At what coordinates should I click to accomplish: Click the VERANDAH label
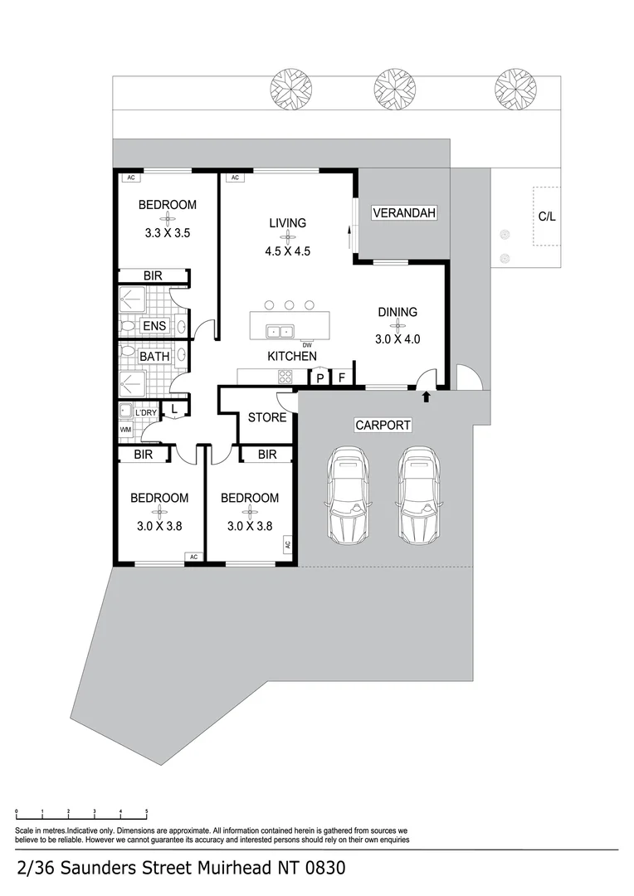pos(404,212)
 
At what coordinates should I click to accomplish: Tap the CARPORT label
pos(383,425)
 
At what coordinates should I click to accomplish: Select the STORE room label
pos(267,417)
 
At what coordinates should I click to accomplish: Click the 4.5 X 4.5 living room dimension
pos(288,251)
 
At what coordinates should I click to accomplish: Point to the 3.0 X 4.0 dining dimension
pos(397,338)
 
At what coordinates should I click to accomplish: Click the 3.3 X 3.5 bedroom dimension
pos(168,232)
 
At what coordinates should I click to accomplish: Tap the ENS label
pos(154,326)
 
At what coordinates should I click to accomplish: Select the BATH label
pos(154,356)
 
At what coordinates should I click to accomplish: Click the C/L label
pos(547,217)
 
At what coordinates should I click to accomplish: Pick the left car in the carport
pos(349,494)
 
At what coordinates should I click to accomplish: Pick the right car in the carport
pos(419,494)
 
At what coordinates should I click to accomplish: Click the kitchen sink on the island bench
pos(280,331)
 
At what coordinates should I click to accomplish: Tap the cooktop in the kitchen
pos(285,377)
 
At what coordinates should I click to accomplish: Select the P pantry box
pos(320,377)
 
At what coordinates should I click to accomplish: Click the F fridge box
pos(342,377)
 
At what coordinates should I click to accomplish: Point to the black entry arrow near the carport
pos(426,397)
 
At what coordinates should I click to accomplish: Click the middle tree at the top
pos(394,89)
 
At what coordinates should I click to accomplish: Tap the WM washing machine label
pos(125,429)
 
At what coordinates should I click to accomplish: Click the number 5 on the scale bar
pos(147,811)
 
